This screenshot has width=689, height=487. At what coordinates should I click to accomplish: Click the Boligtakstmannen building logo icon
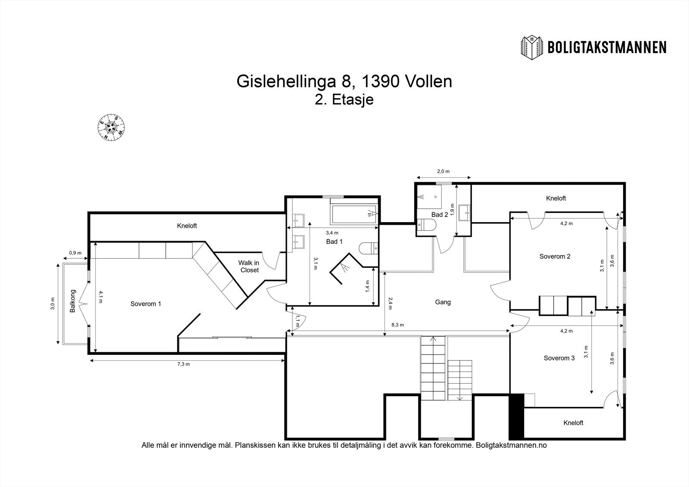(533, 47)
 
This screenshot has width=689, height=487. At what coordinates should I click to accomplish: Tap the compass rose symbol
(112, 127)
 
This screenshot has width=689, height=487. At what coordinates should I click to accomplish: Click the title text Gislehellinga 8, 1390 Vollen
(344, 81)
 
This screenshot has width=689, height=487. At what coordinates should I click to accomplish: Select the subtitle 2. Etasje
(344, 100)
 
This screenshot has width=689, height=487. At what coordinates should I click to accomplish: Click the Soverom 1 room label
(146, 304)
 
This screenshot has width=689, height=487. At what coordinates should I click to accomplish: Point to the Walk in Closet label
(249, 267)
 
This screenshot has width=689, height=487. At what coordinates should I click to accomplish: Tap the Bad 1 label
(334, 242)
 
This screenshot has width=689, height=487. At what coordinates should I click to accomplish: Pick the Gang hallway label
(443, 302)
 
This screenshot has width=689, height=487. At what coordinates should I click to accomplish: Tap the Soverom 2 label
(555, 257)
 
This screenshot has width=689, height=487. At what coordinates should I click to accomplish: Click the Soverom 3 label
(559, 358)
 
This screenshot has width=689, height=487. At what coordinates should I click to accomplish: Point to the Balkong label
(73, 301)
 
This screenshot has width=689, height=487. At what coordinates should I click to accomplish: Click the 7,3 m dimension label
(183, 364)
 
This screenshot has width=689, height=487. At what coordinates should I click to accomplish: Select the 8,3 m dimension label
(397, 325)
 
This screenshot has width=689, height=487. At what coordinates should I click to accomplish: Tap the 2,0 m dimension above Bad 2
(443, 171)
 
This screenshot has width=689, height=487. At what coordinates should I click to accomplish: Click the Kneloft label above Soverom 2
(556, 199)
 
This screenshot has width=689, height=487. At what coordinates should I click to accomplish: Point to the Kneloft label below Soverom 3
(573, 423)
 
